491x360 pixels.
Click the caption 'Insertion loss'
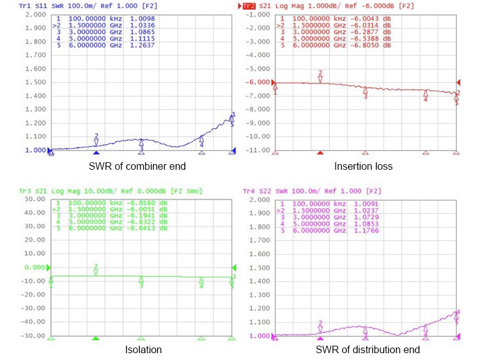(x=364, y=166)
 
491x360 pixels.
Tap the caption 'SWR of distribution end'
(x=367, y=349)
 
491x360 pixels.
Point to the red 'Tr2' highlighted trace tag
(x=249, y=6)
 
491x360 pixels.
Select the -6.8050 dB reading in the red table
(x=380, y=45)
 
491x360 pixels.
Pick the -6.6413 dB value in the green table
(x=155, y=230)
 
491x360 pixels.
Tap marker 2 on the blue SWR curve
(x=96, y=138)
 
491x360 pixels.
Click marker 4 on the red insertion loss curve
(x=426, y=95)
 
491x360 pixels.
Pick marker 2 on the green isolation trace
(x=96, y=269)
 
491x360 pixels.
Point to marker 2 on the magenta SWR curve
(x=320, y=326)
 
